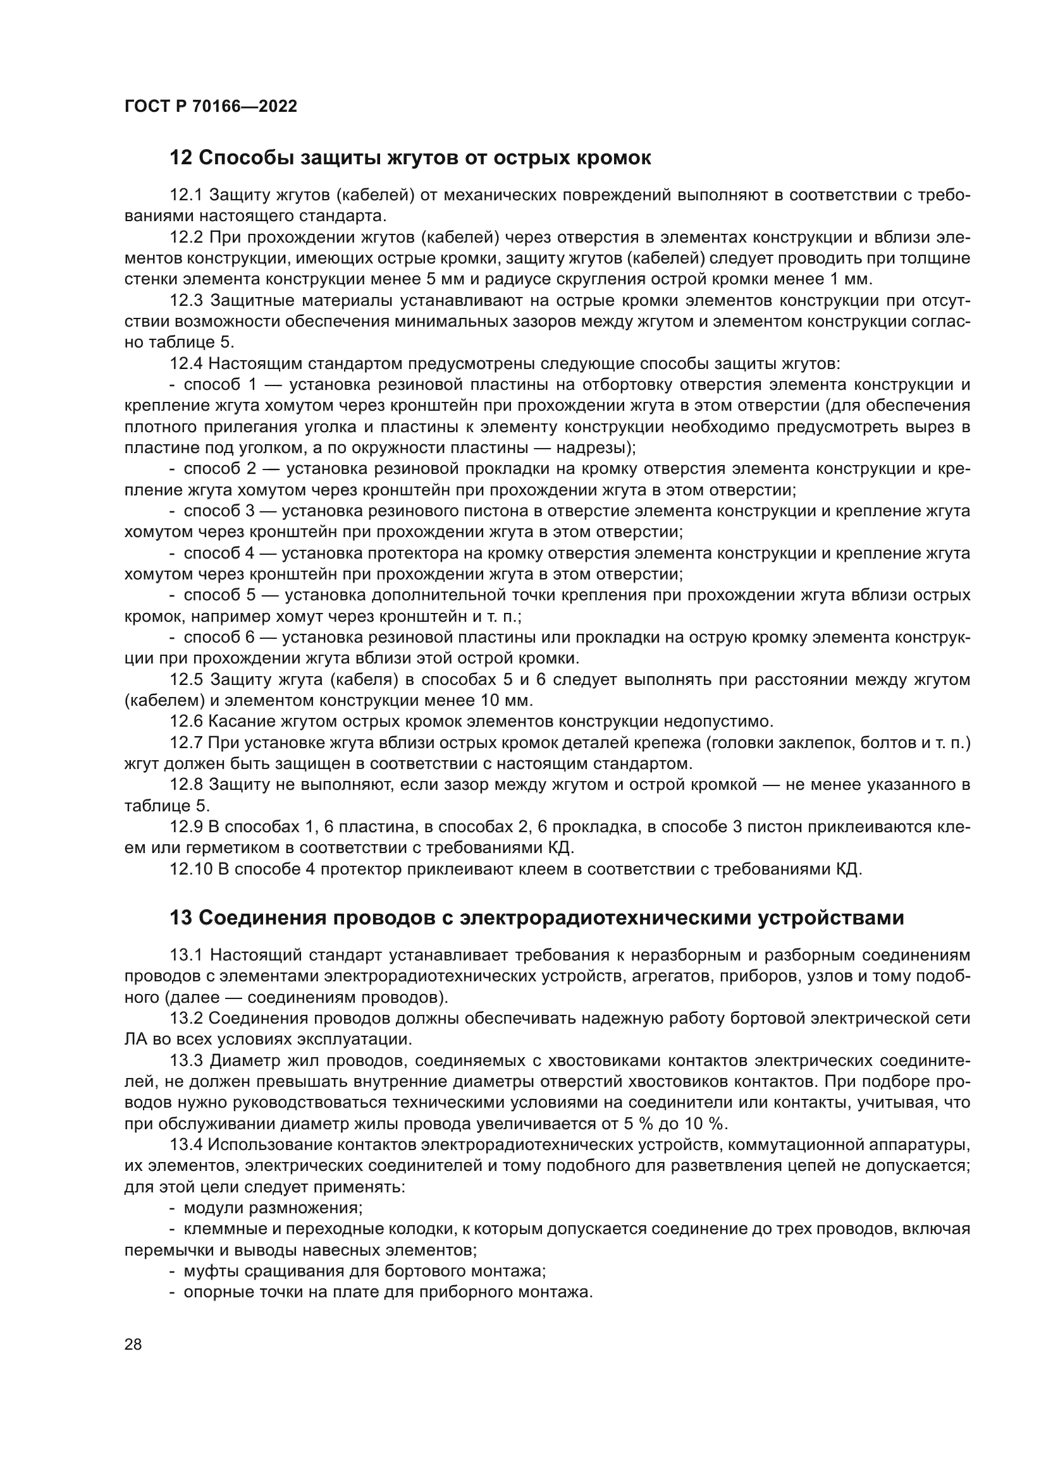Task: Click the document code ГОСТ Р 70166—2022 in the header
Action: tap(211, 107)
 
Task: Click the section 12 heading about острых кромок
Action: tap(410, 158)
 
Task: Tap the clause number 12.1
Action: tap(186, 195)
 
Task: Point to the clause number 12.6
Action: tap(186, 721)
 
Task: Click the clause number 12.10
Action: tap(191, 869)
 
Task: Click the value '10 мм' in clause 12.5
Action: tap(507, 700)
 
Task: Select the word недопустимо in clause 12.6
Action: tap(711, 721)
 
